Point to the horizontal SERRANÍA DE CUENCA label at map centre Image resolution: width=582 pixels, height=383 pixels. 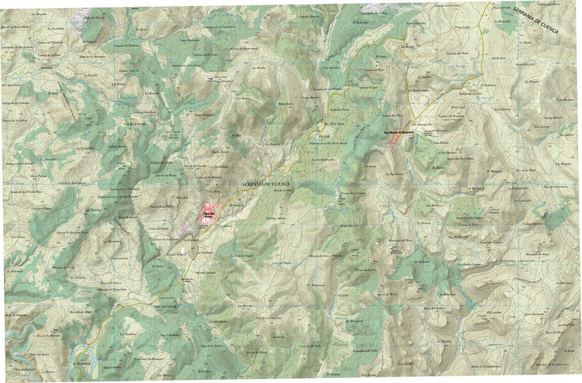click(265, 184)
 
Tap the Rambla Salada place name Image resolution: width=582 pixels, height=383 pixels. click(205, 273)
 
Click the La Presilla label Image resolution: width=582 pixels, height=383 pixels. click(91, 76)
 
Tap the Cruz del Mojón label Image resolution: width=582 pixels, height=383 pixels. click(281, 263)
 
